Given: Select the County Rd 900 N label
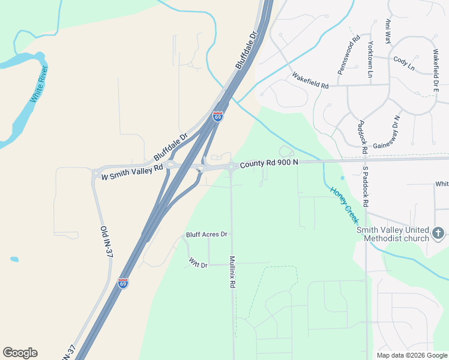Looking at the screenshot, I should coord(269,164).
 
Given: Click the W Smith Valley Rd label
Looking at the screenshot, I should coord(132,173).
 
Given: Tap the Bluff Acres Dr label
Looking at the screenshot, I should coord(207,234).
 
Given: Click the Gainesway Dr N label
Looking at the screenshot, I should coord(387,133).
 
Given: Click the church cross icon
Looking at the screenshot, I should coord(439,232).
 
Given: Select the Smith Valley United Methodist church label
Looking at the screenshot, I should coord(393,234).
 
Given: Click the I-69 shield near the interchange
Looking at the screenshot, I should coord(218,116).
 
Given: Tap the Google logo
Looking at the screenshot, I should coord(20,353).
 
